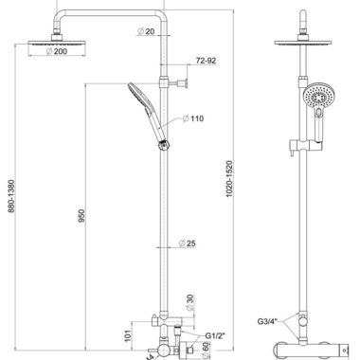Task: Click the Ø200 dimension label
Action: [x=57, y=51]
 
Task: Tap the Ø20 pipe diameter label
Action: [x=146, y=31]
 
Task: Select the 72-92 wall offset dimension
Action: [x=207, y=61]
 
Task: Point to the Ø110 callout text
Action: [x=193, y=118]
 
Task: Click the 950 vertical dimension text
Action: [x=81, y=216]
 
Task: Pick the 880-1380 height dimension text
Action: [x=11, y=196]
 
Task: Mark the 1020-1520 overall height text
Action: [x=229, y=179]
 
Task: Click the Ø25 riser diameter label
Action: [x=187, y=243]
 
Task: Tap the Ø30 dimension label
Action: [x=189, y=302]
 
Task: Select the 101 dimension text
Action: [x=128, y=335]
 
